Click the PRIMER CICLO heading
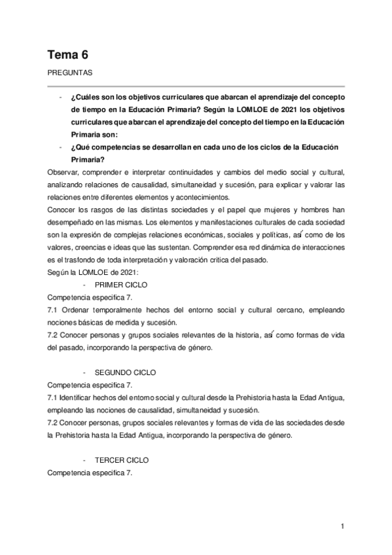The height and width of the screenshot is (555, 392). pyautogui.click(x=121, y=285)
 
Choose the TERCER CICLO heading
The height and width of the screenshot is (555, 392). pyautogui.click(x=122, y=459)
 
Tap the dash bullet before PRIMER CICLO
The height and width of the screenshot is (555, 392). pyautogui.click(x=86, y=285)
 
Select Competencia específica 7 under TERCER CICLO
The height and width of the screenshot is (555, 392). pyautogui.click(x=90, y=473)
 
